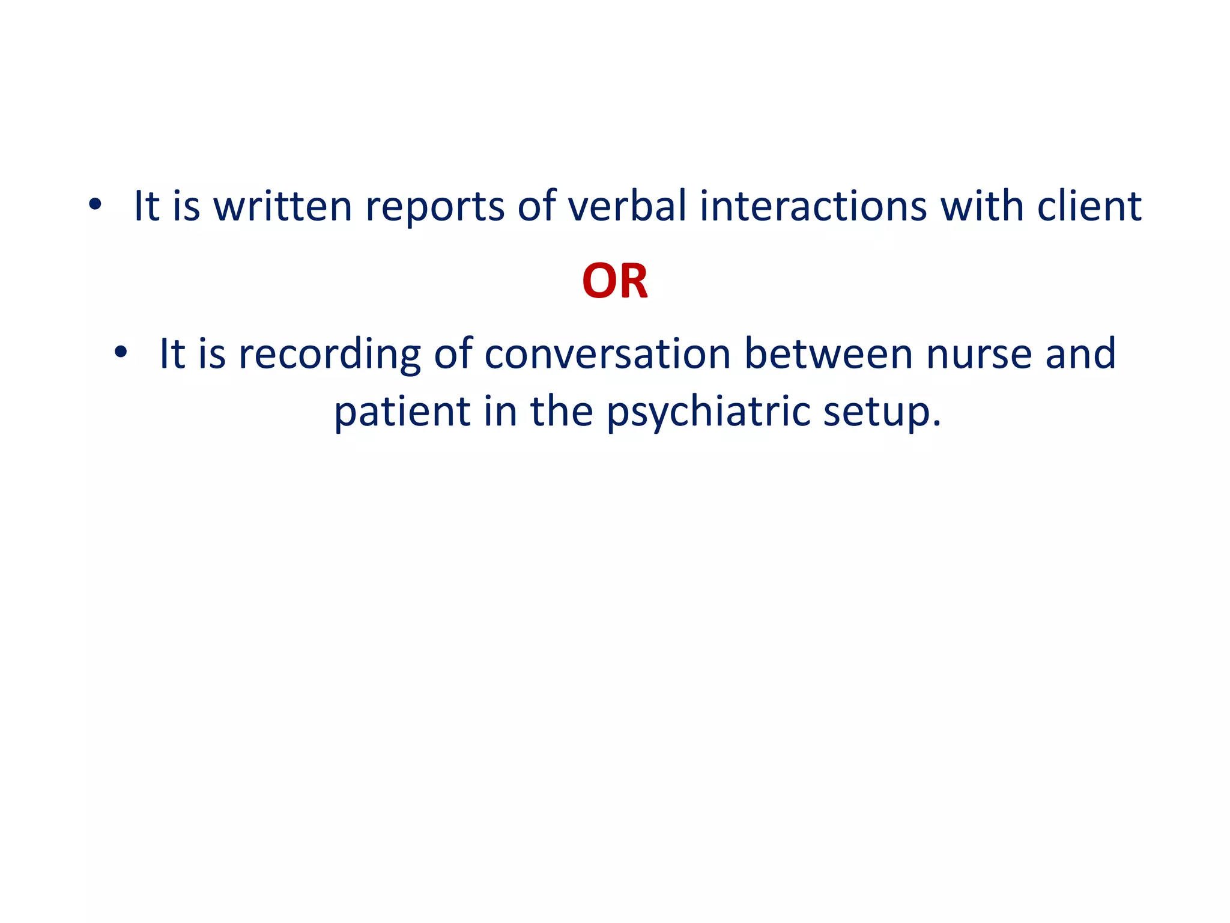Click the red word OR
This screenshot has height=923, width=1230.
tap(615, 281)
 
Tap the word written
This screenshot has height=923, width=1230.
tap(283, 206)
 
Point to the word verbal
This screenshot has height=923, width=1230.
tap(627, 206)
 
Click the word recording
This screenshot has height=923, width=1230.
tap(330, 355)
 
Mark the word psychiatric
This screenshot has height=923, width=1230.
tap(708, 413)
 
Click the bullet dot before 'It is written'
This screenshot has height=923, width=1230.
tap(95, 205)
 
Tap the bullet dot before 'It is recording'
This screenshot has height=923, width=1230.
tap(121, 353)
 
